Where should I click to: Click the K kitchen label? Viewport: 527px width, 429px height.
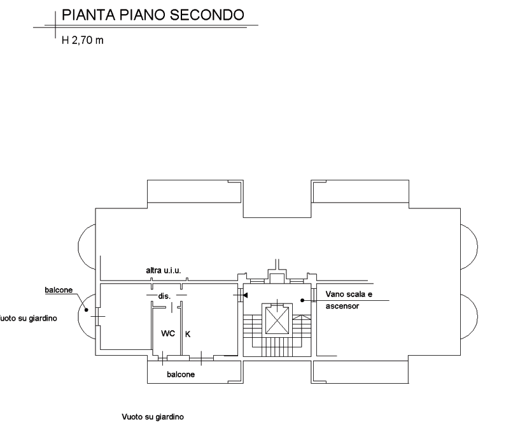tap(187, 333)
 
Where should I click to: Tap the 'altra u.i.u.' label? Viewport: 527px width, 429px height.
tap(164, 272)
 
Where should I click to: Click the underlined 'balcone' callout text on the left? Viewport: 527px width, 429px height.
tap(59, 291)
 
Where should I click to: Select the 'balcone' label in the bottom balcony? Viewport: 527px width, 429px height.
tap(181, 374)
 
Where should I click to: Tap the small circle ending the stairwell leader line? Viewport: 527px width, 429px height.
tap(302, 300)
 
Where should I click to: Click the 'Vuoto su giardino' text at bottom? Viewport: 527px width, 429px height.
tap(153, 417)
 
